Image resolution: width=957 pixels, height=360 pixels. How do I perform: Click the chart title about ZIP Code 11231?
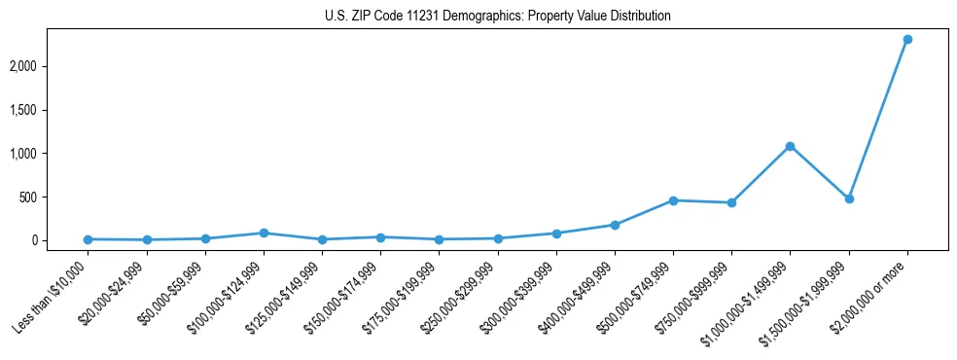click(497, 17)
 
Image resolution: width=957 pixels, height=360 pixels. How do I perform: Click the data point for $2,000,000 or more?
click(907, 39)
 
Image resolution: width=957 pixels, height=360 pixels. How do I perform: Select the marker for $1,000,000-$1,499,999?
click(790, 146)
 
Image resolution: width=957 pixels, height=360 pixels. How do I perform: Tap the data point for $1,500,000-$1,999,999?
click(849, 198)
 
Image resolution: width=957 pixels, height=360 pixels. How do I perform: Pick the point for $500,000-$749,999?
click(673, 200)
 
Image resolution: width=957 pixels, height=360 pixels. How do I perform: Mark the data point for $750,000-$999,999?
click(731, 202)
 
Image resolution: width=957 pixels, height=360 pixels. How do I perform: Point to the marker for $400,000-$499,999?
click(615, 225)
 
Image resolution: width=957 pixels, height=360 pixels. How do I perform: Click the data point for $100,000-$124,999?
click(264, 233)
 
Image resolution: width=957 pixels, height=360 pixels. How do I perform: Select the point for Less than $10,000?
click(88, 239)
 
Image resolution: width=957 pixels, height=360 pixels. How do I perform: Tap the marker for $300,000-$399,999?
click(556, 234)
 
